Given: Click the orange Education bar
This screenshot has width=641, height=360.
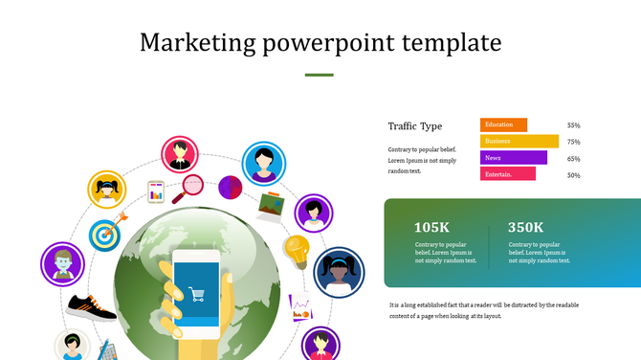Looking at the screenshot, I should [x=503, y=124].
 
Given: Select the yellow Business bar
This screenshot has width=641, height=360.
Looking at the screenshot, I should [x=519, y=141].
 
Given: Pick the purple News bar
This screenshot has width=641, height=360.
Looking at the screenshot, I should [x=513, y=158].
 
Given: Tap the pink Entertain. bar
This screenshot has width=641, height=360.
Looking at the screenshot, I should [x=507, y=174].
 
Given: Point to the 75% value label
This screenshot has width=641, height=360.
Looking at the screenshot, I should [x=574, y=142].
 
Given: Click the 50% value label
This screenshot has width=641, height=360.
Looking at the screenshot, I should [x=574, y=175].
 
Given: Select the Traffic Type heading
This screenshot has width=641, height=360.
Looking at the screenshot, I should [x=415, y=126].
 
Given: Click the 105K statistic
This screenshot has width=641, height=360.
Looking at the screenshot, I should [x=431, y=227].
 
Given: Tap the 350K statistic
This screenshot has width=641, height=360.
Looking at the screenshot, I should [x=525, y=227].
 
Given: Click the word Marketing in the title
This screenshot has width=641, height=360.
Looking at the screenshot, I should [x=195, y=43].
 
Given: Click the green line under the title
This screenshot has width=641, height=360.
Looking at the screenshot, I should [x=319, y=75].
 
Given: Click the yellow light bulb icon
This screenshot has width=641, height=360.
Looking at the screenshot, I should [x=296, y=251].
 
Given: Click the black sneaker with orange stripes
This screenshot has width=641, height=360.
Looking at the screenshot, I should [x=92, y=307].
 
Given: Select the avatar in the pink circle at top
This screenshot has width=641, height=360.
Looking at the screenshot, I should [x=179, y=154].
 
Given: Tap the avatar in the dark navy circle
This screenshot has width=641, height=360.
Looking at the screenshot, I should [x=339, y=271].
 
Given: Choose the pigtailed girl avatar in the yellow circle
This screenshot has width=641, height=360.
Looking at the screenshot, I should [x=107, y=191].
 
